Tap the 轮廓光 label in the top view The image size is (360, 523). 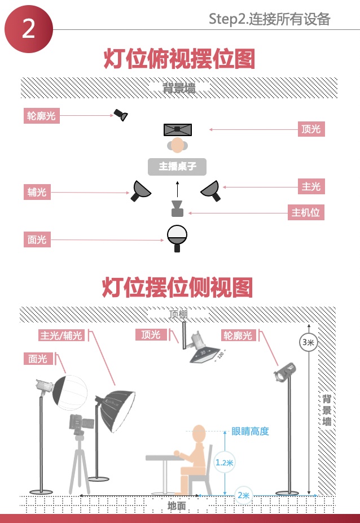(x=41, y=116)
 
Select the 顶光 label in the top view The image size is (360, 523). (x=311, y=129)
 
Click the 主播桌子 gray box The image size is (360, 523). (x=177, y=167)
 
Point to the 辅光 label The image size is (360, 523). (x=37, y=192)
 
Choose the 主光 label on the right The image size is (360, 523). (x=311, y=186)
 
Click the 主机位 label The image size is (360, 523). (x=305, y=213)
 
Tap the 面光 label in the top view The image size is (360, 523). (x=37, y=239)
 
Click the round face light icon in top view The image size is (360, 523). (x=177, y=236)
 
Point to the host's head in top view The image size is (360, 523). (x=177, y=146)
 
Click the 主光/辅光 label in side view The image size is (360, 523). (x=61, y=335)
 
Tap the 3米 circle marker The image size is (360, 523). (x=308, y=342)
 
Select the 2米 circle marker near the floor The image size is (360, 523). (x=244, y=495)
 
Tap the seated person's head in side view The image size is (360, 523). (x=199, y=434)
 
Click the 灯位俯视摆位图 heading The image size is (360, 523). (x=179, y=59)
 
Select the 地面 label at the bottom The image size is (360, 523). (x=177, y=505)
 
